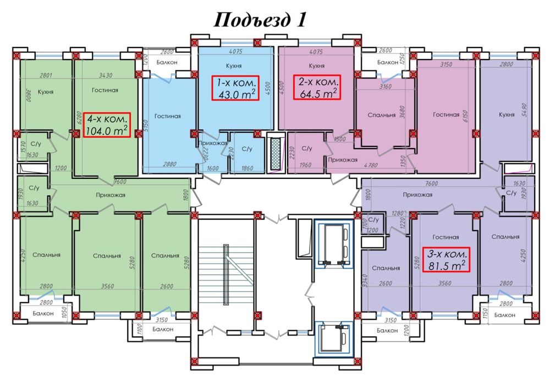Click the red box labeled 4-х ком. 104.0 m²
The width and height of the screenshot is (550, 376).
coord(107,125)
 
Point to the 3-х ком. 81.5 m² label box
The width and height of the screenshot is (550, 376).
coord(446,261)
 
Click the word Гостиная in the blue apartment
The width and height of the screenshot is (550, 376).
coord(168,116)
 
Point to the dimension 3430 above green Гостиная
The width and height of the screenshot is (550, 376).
coord(103,75)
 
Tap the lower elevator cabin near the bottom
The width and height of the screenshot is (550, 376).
coord(334,337)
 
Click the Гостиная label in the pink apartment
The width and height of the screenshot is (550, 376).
coord(446,115)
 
